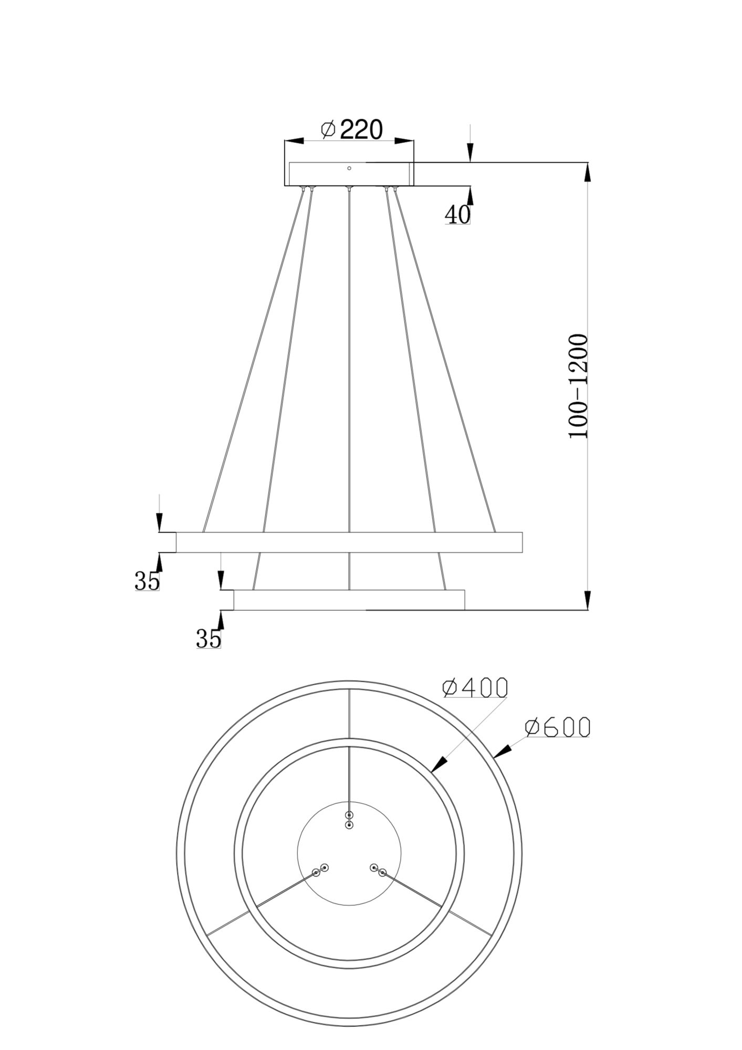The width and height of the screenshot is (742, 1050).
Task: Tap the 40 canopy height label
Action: tap(457, 214)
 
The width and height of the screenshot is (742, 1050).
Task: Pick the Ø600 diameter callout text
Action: tap(558, 728)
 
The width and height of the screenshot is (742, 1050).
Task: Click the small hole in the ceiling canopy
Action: tap(349, 168)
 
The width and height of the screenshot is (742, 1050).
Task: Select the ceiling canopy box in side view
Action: tap(349, 174)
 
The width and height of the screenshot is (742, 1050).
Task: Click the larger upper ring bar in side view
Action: tap(349, 542)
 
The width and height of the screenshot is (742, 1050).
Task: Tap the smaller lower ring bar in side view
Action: tap(349, 600)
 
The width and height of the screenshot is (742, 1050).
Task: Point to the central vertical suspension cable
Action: tap(349, 367)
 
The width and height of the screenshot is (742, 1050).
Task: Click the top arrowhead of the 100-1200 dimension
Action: tap(587, 172)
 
